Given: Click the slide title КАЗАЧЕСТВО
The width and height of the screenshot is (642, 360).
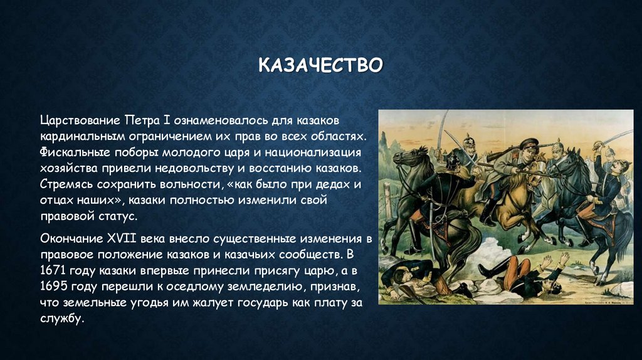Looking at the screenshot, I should point(320,65).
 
